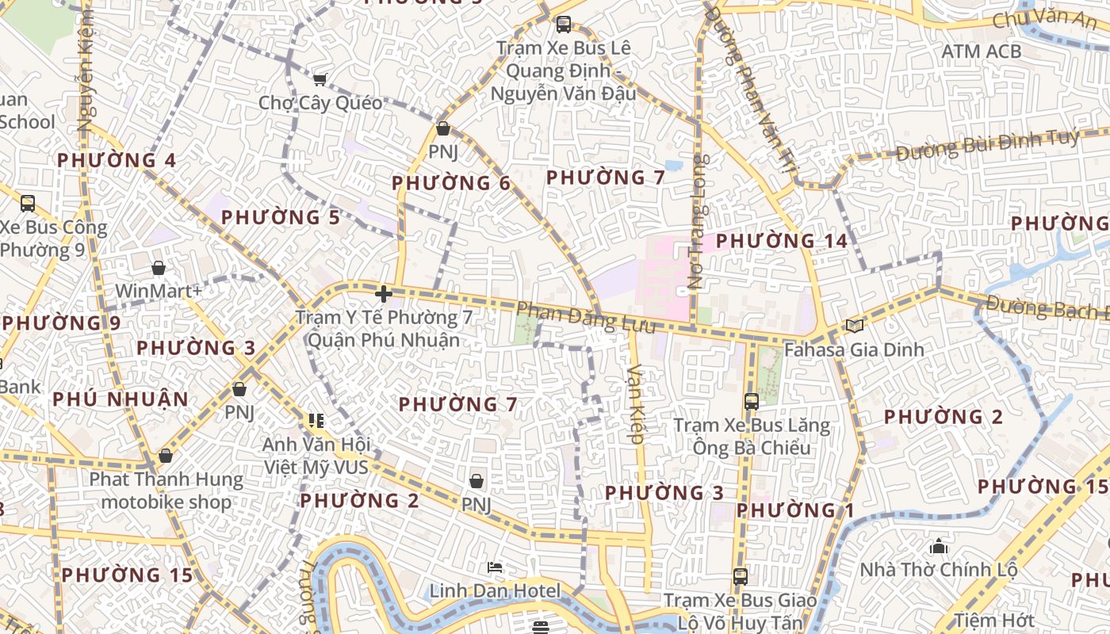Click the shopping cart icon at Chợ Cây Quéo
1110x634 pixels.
(320, 78)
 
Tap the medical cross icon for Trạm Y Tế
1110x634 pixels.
(384, 294)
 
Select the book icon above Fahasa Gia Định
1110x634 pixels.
(854, 325)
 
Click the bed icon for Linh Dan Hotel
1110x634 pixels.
(495, 567)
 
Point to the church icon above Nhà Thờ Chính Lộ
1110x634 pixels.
(939, 546)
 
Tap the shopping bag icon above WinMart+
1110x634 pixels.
(159, 268)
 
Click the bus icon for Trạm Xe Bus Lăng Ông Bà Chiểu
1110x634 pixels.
(751, 402)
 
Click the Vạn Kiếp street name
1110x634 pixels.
(635, 403)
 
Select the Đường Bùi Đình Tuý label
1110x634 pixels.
(987, 145)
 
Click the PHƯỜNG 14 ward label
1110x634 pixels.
(782, 240)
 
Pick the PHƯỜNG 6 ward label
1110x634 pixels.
(451, 183)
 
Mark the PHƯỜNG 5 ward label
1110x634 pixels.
(281, 217)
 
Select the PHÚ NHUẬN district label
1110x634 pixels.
(121, 399)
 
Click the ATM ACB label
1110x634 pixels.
(981, 52)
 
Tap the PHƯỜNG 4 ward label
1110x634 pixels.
(117, 160)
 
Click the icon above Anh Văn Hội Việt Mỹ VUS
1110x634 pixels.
(316, 420)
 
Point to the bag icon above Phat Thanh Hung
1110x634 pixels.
(165, 456)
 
